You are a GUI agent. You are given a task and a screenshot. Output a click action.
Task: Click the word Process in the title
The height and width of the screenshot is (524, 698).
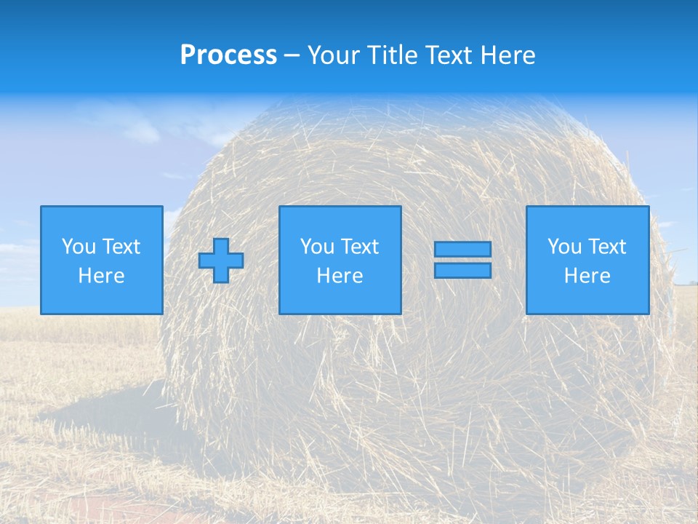coord(228,55)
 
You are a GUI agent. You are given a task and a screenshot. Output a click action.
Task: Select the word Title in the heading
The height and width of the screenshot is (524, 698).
coord(392,55)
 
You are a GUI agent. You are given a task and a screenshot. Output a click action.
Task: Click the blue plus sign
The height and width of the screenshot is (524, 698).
coord(221,261)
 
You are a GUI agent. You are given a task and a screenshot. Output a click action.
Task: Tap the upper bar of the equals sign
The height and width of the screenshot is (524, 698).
coord(462,250)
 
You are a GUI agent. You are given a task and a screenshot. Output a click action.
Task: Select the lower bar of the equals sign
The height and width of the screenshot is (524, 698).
coord(462,271)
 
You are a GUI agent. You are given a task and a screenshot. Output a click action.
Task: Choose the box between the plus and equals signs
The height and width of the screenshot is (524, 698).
coord(340,260)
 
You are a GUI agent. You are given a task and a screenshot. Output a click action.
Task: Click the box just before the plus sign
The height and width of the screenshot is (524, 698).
coord(101,260)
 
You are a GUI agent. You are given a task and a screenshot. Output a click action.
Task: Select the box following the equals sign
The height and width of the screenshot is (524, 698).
coord(587,260)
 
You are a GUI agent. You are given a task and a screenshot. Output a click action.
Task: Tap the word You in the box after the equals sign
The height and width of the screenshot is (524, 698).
coord(564,247)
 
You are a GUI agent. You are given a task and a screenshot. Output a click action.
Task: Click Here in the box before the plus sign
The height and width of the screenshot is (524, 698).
coord(101,276)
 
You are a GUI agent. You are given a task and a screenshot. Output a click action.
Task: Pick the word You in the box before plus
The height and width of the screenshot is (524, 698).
coord(79,247)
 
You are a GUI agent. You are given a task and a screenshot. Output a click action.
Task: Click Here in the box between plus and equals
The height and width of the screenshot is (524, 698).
coord(340,276)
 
